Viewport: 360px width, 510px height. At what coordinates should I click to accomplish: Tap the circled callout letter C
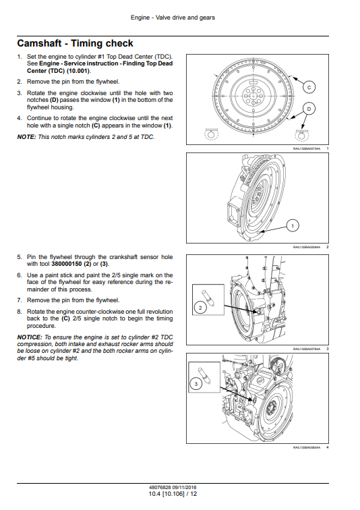coord(309,87)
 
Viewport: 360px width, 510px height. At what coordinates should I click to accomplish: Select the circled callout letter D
coord(309,109)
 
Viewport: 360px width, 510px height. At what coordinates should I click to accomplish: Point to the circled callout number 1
coord(293,226)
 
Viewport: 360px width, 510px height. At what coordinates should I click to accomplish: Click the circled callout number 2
coord(200,308)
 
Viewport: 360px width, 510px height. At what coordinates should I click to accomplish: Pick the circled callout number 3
coord(196,384)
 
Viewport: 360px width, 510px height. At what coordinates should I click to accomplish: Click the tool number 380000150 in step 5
coord(67,264)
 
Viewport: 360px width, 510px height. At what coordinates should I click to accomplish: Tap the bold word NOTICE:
coord(30,337)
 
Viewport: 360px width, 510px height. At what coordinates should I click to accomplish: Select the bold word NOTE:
coord(26,137)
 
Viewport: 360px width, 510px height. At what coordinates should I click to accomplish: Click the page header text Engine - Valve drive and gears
coord(173,18)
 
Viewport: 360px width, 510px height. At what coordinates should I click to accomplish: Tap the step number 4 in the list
coord(19,118)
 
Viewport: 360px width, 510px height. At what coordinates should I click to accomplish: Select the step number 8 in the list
coord(19,312)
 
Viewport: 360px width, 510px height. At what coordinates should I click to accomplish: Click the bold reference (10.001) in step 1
coord(79,71)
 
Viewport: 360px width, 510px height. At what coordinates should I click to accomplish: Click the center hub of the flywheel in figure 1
coord(251,96)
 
